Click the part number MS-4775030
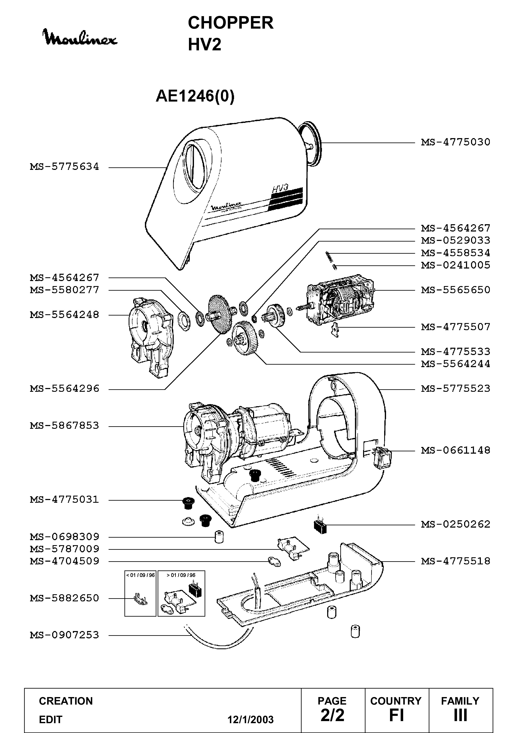click(456, 142)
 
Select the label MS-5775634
click(65, 167)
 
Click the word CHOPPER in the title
click(231, 23)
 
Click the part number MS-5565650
click(456, 290)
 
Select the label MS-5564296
click(65, 388)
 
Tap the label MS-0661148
click(456, 450)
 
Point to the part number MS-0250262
click(456, 524)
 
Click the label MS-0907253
click(65, 635)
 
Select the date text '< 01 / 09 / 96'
click(140, 575)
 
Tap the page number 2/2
click(332, 715)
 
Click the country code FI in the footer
click(396, 715)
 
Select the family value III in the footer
click(460, 715)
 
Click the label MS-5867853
click(65, 426)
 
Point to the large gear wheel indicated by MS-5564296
click(220, 314)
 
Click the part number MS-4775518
click(456, 561)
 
